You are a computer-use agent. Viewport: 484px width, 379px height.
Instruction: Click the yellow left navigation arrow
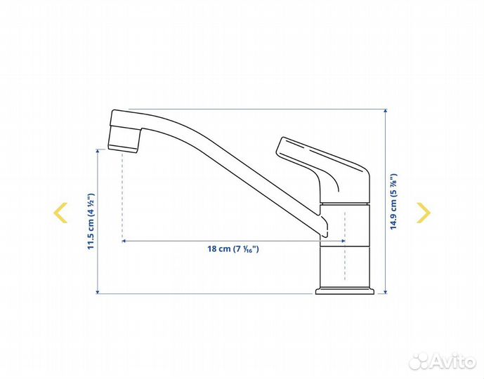tap(60, 213)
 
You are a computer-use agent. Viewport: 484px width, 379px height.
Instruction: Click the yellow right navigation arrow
tap(424, 213)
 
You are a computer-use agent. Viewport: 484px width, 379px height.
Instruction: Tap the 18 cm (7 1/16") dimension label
tap(233, 249)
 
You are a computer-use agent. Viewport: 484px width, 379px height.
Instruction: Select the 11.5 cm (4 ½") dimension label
tap(91, 221)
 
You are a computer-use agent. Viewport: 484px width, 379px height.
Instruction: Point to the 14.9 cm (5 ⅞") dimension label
tap(393, 201)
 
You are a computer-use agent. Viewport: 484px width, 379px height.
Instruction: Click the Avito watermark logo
tap(442, 361)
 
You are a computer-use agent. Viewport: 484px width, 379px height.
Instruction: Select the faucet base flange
tap(345, 291)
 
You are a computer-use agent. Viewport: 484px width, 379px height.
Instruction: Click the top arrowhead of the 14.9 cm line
tap(385, 111)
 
